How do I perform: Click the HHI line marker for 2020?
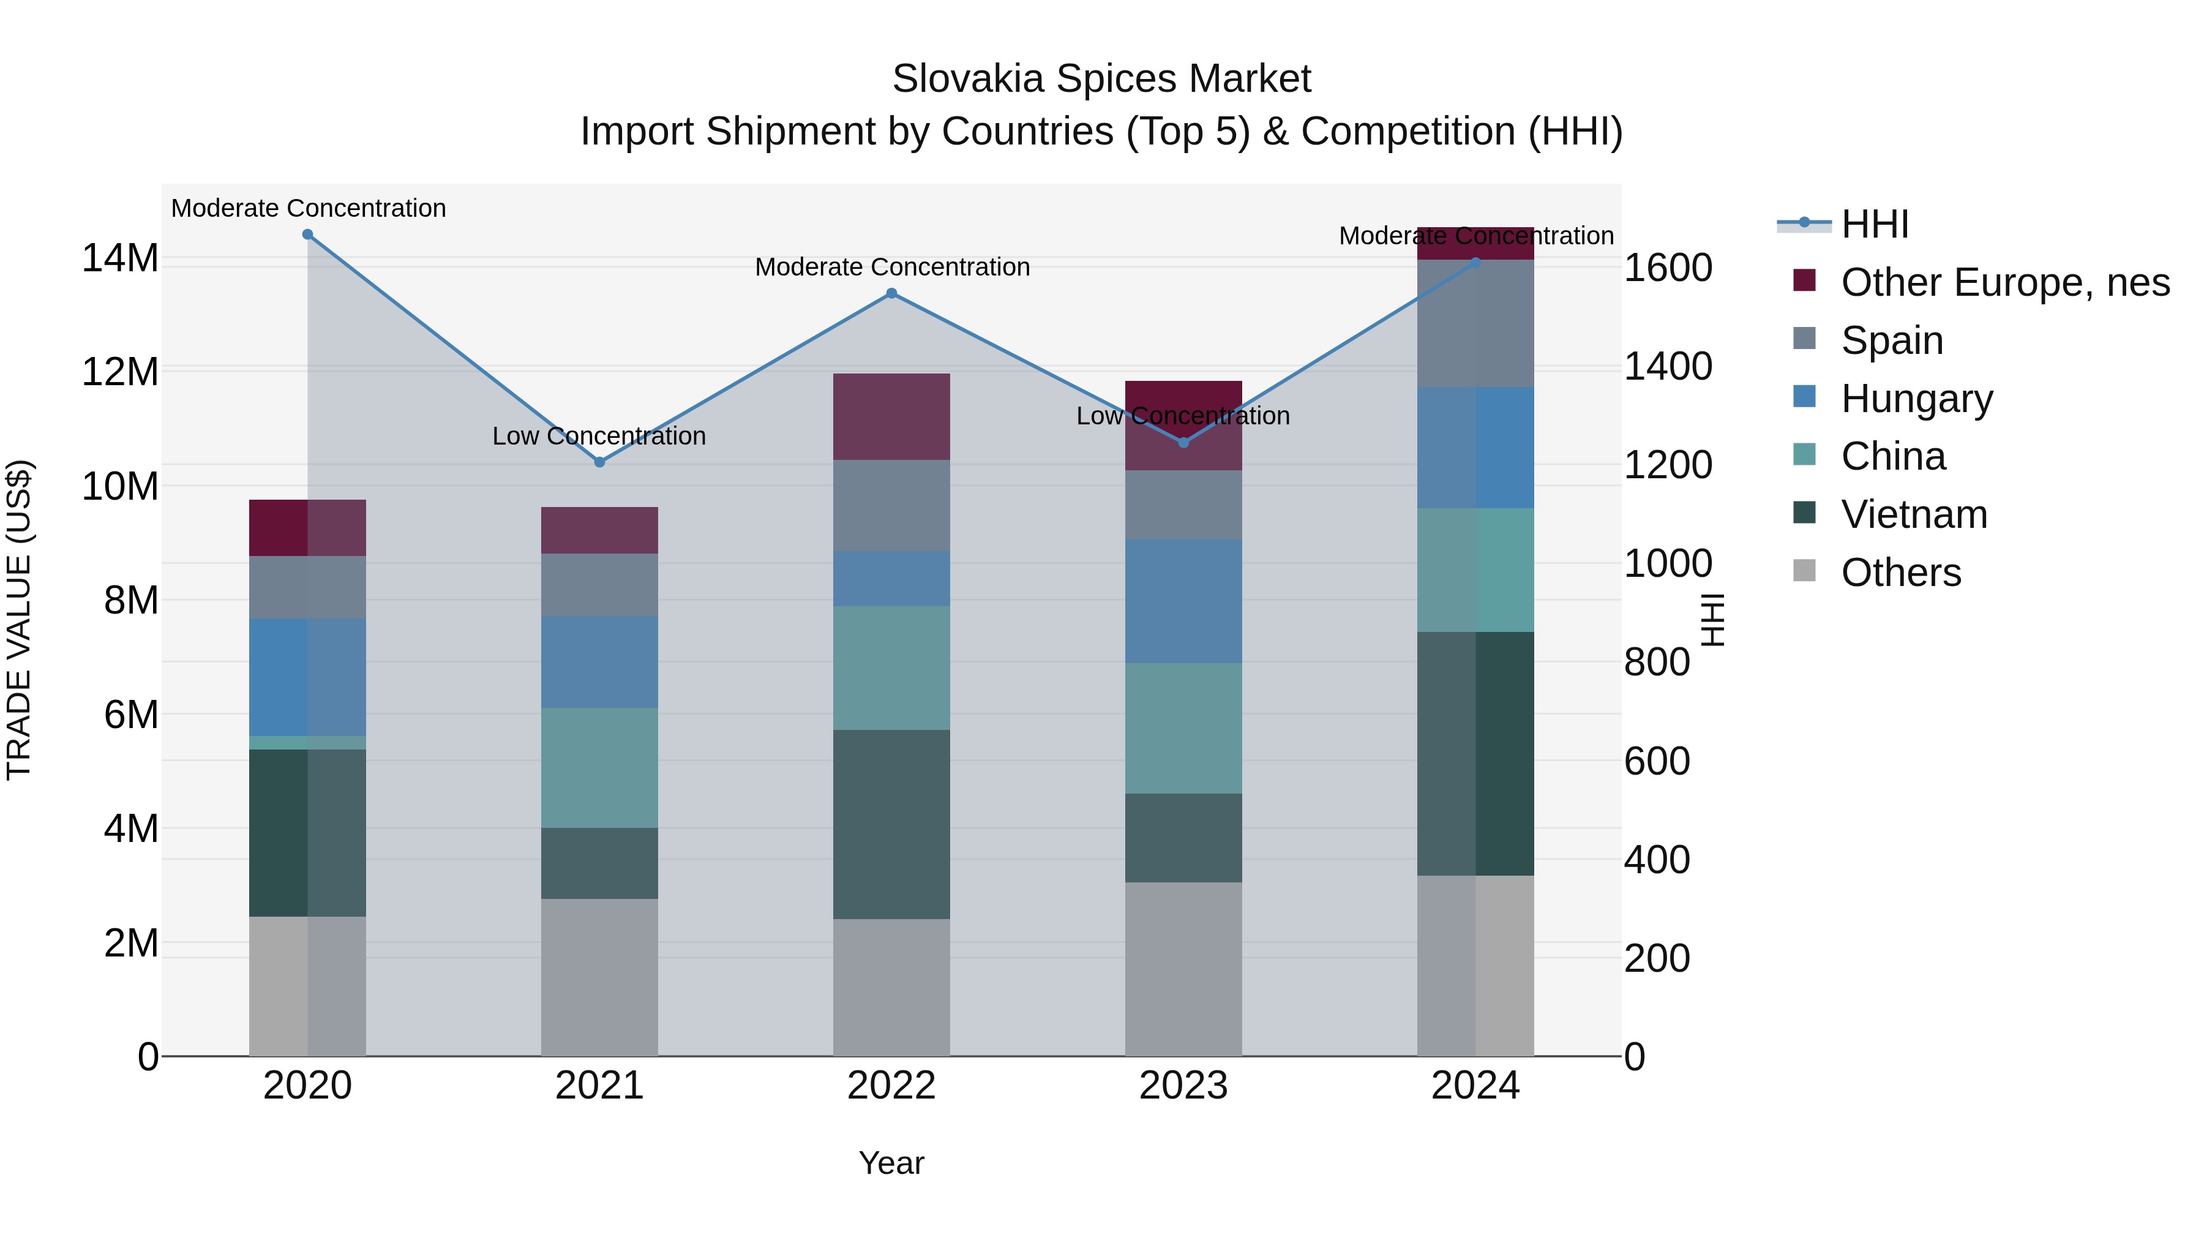307,235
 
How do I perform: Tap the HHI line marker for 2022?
891,293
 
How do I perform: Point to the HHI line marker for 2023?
1183,443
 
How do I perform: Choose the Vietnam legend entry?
1913,514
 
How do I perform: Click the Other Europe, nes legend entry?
2004,282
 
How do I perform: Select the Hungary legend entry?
1916,399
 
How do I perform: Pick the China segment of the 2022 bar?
891,667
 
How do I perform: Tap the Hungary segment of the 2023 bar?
1183,601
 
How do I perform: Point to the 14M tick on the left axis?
120,258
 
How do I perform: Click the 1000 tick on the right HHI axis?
1668,563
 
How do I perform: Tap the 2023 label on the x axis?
1183,1086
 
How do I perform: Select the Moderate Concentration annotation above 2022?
891,267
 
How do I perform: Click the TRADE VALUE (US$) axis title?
19,620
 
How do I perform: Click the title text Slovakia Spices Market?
1101,79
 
